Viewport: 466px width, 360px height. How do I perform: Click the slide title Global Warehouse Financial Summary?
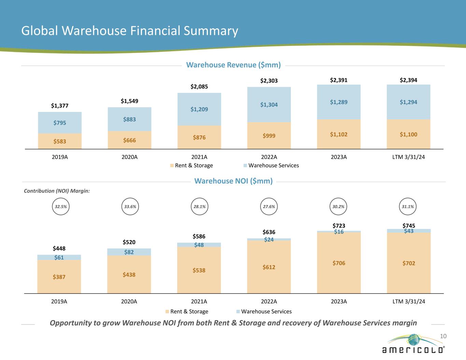click(x=129, y=31)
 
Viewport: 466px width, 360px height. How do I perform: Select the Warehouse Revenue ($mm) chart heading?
click(x=233, y=65)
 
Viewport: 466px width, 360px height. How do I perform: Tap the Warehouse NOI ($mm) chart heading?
click(x=233, y=181)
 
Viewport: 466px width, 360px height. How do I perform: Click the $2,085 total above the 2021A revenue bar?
click(x=199, y=87)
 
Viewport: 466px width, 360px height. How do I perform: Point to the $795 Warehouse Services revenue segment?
click(x=60, y=123)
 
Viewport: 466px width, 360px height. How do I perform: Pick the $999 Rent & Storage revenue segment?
click(x=269, y=135)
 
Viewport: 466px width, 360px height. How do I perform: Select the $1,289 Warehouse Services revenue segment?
click(x=339, y=102)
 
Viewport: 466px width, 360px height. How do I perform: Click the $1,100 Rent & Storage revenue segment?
click(x=408, y=134)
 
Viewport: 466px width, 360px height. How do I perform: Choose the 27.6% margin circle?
click(x=269, y=206)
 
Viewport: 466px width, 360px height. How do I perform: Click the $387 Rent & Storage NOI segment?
click(x=59, y=277)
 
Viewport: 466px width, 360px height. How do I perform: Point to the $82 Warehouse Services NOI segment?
click(x=129, y=252)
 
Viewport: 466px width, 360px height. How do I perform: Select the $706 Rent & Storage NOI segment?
click(x=339, y=263)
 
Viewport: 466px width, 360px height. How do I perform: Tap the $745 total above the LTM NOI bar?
click(x=409, y=226)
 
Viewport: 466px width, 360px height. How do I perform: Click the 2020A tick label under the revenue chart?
click(x=129, y=157)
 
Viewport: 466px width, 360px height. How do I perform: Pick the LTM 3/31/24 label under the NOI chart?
click(x=409, y=302)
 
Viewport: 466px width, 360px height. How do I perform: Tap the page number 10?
click(x=443, y=336)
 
